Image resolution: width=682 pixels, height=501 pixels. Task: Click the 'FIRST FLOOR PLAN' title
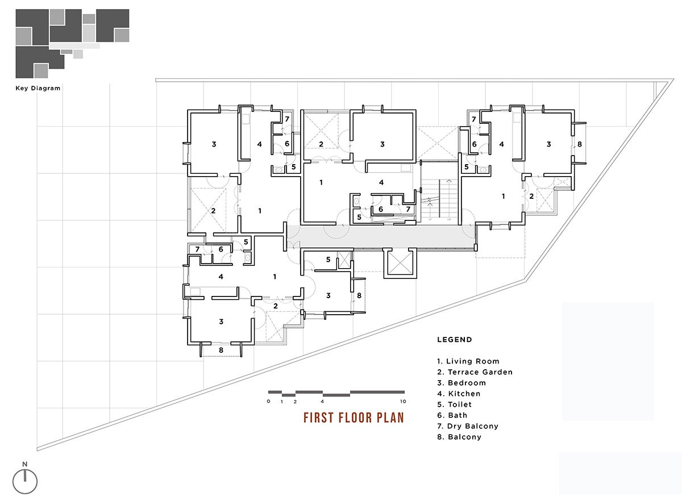[354, 418]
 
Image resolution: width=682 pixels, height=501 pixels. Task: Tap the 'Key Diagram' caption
[38, 89]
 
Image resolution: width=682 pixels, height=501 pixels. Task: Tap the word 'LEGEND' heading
[455, 340]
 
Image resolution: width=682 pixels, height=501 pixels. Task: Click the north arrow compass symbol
[25, 481]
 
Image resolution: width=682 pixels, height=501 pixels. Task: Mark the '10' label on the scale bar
[402, 402]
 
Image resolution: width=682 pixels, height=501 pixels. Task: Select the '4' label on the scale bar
[322, 402]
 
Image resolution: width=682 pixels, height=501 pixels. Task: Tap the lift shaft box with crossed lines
[401, 262]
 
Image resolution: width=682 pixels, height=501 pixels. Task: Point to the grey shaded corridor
[381, 236]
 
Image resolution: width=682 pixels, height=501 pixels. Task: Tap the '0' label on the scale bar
[268, 402]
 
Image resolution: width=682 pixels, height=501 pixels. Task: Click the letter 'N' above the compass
[25, 464]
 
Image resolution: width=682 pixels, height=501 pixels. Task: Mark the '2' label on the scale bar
[295, 402]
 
